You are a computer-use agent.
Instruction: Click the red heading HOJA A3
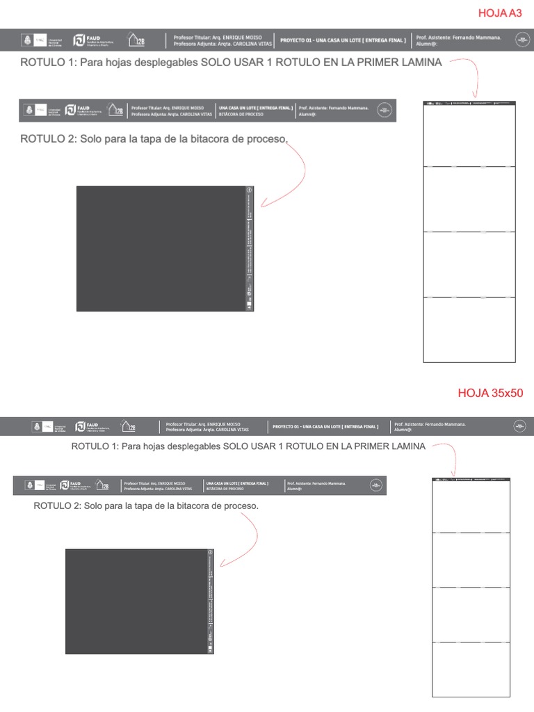click(x=499, y=13)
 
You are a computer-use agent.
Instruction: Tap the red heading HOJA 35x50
click(x=490, y=393)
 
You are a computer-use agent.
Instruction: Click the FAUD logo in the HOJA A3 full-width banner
click(x=92, y=40)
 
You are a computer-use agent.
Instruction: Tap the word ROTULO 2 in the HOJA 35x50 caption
click(x=56, y=505)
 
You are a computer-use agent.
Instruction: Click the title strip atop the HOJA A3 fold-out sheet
click(x=469, y=104)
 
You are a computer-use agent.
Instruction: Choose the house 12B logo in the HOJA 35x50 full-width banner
click(x=128, y=426)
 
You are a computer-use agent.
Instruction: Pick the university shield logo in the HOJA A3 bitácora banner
click(x=29, y=111)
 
